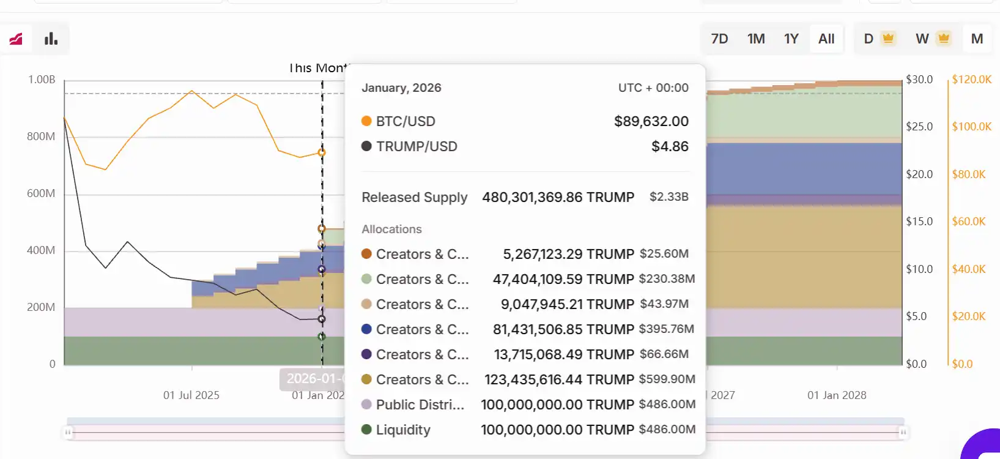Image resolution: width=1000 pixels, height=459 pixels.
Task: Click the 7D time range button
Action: tap(719, 39)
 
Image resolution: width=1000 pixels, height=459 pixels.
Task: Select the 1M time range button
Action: tap(756, 39)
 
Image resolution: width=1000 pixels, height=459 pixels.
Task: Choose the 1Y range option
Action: tap(791, 39)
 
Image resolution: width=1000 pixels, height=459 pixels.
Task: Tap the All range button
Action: tap(826, 39)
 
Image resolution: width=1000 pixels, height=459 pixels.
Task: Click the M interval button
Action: tap(977, 39)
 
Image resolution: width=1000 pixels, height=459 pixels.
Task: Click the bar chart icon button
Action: tap(51, 39)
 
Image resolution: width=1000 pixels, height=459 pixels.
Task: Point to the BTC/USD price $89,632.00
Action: tap(651, 121)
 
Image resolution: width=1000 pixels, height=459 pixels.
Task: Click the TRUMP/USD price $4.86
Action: tap(670, 146)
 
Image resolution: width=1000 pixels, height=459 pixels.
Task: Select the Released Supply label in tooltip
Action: tap(414, 197)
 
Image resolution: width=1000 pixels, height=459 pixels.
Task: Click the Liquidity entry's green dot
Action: tap(366, 430)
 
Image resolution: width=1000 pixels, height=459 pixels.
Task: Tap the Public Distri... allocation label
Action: tap(420, 405)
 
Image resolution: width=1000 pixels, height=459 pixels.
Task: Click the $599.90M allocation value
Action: tap(667, 379)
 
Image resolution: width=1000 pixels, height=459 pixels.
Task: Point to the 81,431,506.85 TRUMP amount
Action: tap(563, 329)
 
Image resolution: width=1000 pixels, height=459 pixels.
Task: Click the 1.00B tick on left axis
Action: tap(42, 80)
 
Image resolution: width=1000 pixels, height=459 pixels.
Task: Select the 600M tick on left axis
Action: tap(41, 193)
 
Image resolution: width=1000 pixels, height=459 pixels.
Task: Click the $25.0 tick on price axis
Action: tap(919, 127)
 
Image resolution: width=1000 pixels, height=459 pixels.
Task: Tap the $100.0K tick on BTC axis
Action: tap(971, 127)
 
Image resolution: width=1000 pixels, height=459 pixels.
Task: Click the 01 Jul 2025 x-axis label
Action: tap(191, 395)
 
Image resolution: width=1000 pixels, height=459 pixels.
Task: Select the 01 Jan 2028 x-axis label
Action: tap(836, 395)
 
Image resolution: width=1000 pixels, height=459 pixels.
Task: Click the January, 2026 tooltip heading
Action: tap(401, 88)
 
